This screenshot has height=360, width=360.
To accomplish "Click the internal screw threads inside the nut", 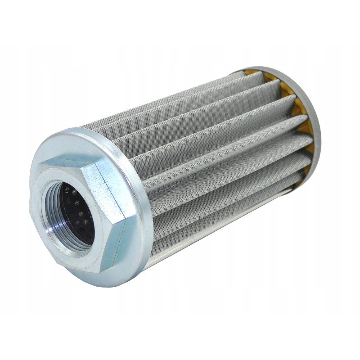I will [x=54, y=225].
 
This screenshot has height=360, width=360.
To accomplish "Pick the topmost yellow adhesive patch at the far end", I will [x=252, y=72].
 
